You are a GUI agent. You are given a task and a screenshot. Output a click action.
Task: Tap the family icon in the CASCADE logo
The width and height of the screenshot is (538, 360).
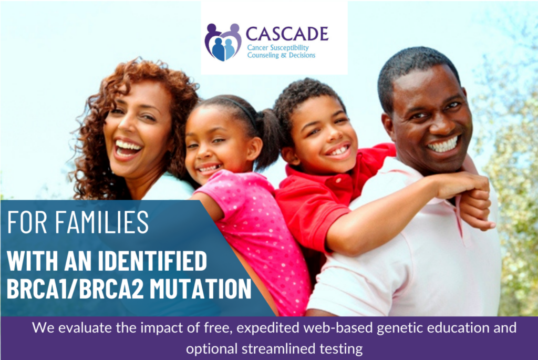[223, 42]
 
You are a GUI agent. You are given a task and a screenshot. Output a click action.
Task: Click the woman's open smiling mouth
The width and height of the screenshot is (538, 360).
[128, 148]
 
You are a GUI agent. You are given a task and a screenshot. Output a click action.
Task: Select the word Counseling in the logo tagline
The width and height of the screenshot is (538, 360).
[266, 55]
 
